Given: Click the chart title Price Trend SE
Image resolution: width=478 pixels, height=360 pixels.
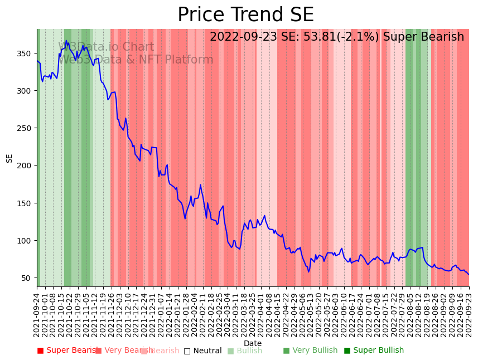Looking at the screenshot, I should point(245,15).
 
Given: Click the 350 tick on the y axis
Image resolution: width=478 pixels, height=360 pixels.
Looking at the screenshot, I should point(27,53).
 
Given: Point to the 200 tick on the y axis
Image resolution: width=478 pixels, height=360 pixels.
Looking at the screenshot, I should point(27,166).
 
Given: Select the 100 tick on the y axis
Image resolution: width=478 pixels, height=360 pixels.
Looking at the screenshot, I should point(27,241).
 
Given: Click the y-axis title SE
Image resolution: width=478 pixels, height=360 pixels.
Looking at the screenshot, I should point(9,158).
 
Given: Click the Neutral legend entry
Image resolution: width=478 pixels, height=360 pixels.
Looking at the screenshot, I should point(207,351).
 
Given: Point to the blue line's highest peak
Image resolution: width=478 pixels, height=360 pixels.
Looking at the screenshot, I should point(66,41).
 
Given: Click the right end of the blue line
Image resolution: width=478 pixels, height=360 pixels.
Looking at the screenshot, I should point(469,274).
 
